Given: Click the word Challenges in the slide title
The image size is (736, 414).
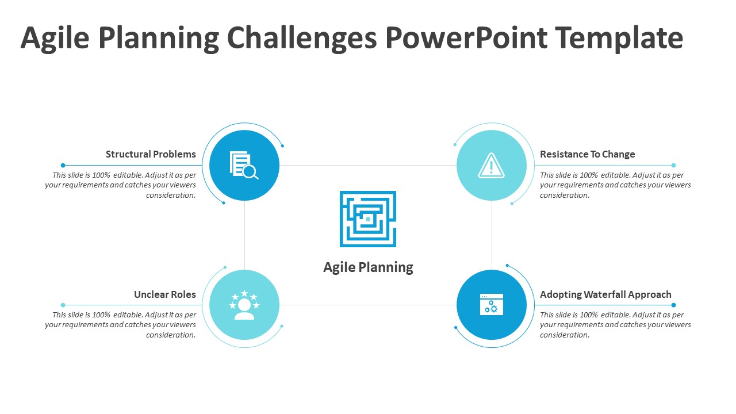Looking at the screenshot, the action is [x=302, y=39].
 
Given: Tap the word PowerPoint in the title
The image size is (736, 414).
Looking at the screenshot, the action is [x=466, y=38].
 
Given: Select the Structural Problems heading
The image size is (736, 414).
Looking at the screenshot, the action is [x=151, y=154].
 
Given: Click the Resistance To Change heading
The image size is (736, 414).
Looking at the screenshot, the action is [x=588, y=154].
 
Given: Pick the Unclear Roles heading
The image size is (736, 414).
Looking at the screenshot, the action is [x=164, y=294].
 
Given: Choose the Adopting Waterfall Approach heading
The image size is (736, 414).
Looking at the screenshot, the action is [x=605, y=294].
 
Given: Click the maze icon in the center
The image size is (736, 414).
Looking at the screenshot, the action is [x=368, y=219].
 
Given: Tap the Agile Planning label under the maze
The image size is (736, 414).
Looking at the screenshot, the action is [x=368, y=267].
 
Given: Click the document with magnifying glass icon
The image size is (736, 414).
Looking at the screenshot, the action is [x=244, y=165].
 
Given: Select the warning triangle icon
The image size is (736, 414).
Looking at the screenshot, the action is [x=491, y=166].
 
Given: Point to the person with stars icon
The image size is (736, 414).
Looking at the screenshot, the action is [x=244, y=305].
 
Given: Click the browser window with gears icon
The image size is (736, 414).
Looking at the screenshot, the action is [x=491, y=304].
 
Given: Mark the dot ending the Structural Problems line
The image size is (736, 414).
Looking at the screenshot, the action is [x=63, y=165].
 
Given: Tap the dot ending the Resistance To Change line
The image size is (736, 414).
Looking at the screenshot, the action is [x=673, y=165].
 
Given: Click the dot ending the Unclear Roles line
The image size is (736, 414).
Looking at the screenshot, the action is [x=63, y=305].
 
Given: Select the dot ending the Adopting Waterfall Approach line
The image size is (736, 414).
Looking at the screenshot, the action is [x=673, y=305].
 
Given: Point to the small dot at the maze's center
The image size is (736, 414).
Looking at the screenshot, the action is [x=368, y=219].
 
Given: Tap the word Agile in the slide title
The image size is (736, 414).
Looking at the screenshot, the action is [x=55, y=39].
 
